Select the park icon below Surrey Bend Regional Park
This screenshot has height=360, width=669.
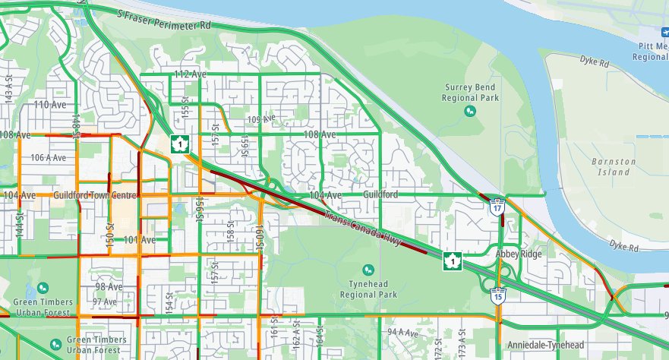tap(470, 111)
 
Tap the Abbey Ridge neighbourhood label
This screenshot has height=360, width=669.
tap(519, 254)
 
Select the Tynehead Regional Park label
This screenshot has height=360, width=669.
tap(368, 288)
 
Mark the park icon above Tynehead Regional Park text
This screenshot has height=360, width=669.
tap(368, 270)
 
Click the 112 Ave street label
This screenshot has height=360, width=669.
tap(191, 74)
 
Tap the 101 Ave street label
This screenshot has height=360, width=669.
tap(140, 239)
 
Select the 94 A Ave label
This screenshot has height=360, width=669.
tap(402, 333)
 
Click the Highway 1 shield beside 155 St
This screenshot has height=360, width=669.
tap(179, 143)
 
